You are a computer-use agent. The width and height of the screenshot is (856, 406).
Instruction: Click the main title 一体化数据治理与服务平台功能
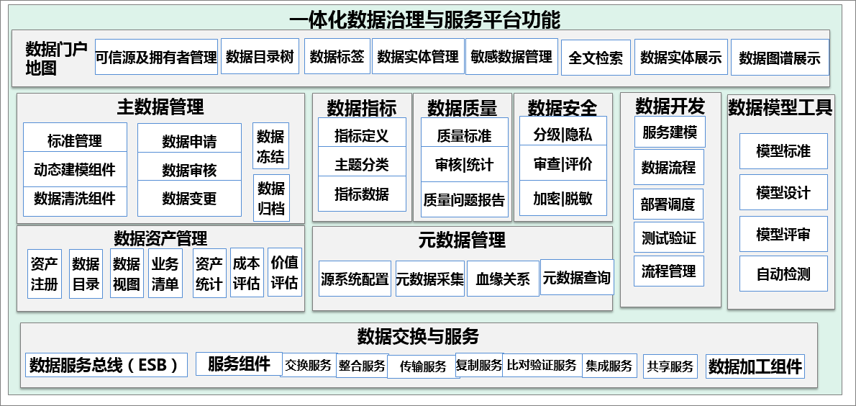[x=424, y=20]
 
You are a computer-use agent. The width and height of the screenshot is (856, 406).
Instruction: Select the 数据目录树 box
[x=260, y=56]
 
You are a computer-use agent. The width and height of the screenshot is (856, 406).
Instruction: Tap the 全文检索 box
[x=596, y=58]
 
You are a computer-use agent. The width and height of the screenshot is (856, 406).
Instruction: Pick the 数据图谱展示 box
[x=780, y=58]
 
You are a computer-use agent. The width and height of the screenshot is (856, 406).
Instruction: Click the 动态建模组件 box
[x=76, y=169]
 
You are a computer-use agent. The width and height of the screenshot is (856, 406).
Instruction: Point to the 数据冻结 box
[x=270, y=146]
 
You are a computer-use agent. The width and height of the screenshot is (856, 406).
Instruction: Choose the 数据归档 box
[x=271, y=198]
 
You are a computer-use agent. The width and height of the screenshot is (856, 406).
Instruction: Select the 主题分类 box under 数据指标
[x=362, y=165]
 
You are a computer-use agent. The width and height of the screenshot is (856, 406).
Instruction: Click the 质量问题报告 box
[x=465, y=199]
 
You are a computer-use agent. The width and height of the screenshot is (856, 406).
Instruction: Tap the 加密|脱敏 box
[x=563, y=198]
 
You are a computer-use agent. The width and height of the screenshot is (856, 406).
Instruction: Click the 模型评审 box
[x=783, y=235]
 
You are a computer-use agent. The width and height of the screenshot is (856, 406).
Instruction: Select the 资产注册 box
[x=45, y=274]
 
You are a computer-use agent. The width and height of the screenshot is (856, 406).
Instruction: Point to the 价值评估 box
[x=285, y=272]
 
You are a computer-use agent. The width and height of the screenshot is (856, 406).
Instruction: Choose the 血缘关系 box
[x=503, y=279]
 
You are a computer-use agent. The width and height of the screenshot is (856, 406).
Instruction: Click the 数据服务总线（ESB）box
[x=106, y=365]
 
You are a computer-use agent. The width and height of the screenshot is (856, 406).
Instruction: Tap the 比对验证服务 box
[x=542, y=364]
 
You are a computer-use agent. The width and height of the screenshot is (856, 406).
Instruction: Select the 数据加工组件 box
[x=755, y=366]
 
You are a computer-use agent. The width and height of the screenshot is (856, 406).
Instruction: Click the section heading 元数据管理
[x=463, y=240]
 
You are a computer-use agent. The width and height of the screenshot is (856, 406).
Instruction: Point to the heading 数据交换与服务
[x=418, y=336]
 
